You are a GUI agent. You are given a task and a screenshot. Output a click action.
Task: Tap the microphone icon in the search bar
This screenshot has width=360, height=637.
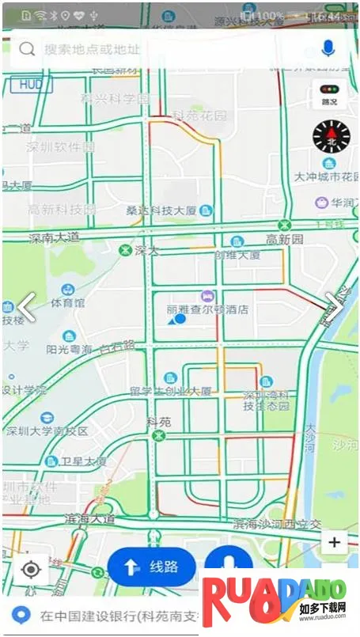[328, 49]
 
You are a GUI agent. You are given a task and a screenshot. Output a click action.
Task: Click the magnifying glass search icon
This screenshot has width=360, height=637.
[27, 49]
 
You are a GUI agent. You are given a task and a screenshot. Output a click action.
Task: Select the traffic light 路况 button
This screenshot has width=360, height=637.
[329, 94]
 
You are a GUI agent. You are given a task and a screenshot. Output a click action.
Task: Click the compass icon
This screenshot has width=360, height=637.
[331, 136]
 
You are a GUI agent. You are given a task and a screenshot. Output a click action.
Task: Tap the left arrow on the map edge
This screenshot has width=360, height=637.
[27, 307]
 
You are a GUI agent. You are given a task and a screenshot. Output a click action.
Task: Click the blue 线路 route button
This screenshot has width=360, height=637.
[152, 567]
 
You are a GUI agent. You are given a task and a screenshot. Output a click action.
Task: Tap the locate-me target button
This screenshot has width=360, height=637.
[31, 569]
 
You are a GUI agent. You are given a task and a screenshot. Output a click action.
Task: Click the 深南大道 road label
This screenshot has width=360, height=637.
[55, 237]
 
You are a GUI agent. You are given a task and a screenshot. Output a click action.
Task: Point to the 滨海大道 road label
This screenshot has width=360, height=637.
[89, 519]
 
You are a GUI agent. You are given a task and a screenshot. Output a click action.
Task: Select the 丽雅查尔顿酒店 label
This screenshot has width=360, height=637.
[207, 309]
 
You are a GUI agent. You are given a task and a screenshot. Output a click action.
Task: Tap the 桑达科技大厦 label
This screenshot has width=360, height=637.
[161, 210]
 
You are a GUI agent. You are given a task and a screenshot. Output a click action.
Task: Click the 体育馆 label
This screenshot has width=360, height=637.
[68, 302]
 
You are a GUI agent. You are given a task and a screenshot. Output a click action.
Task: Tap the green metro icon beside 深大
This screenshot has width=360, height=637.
[124, 251]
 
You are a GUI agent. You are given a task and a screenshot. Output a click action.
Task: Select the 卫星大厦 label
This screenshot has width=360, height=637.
[85, 461]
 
